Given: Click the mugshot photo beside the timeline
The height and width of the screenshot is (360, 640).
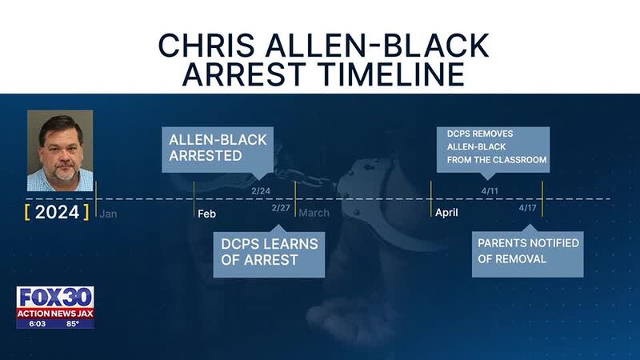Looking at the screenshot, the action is coord(60,150).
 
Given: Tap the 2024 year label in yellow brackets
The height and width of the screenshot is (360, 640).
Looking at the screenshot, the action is coord(57,212).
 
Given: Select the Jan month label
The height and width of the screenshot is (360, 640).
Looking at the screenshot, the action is coord(108,214).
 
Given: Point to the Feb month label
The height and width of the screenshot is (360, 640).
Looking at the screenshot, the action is coord(207,214).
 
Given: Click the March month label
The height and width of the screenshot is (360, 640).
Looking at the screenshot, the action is coord(314,213).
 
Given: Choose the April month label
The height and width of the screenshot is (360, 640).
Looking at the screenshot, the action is coord(446,213).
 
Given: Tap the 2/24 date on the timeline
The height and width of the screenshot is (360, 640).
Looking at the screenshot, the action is coord(261,191).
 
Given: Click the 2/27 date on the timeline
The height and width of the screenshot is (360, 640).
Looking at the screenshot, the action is coord(281,208).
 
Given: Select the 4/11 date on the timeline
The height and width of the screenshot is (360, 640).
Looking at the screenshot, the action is coord(490,191).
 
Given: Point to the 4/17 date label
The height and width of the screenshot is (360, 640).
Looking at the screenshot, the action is coord(528,208).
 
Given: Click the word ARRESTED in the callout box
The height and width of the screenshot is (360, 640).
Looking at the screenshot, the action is coord(206,155).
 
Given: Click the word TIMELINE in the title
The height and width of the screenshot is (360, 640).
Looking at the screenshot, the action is coord(393,74).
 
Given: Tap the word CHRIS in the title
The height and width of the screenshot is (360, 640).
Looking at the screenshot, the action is coord(206,45).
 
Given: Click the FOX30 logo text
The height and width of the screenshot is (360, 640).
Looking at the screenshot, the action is coord(55,297).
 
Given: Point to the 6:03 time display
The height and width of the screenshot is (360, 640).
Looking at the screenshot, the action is coord(37,324).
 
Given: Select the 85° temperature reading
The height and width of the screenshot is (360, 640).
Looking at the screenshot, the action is coord(73,324).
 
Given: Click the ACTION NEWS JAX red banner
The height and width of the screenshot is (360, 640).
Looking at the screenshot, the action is coord(55,314).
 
